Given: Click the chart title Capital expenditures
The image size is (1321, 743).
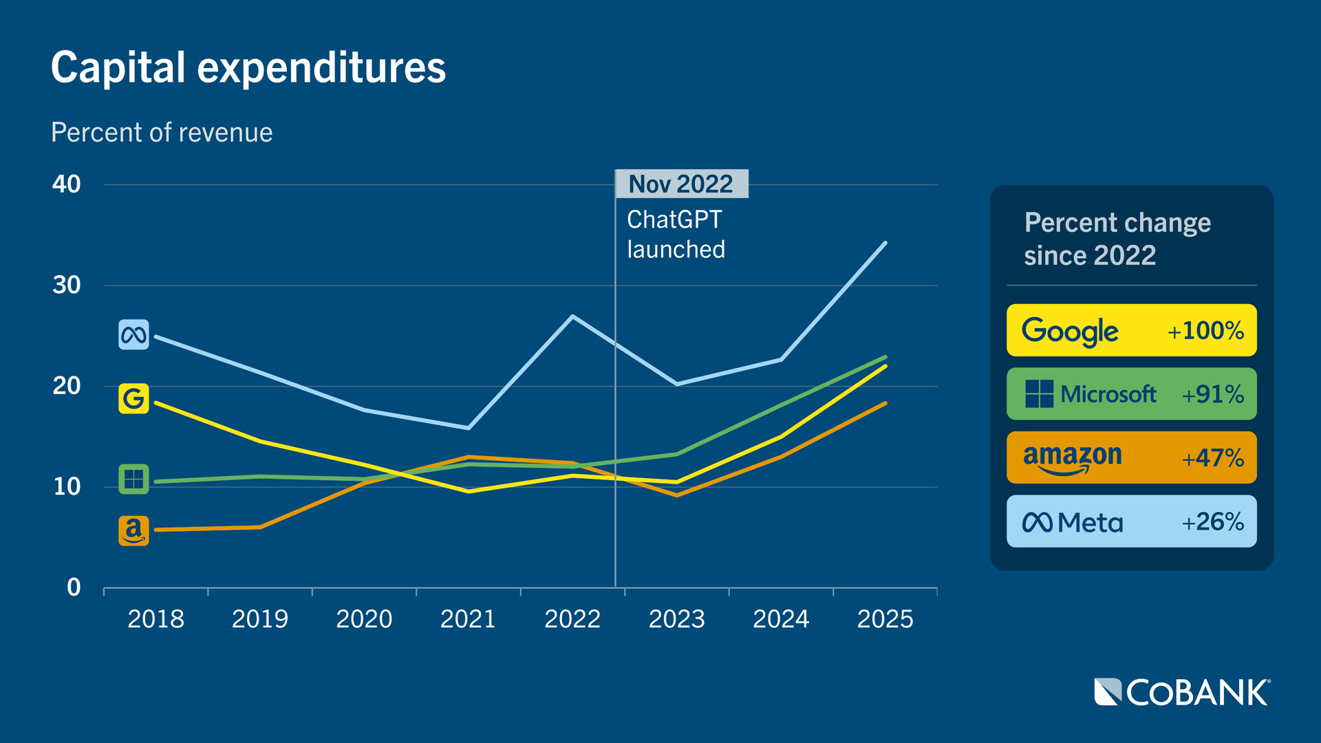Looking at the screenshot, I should click(x=248, y=67).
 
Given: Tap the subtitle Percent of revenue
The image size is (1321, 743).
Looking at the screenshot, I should click(x=162, y=132).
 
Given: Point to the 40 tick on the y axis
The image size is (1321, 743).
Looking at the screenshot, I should click(x=67, y=184).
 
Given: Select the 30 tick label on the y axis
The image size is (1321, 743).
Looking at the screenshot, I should click(x=67, y=285).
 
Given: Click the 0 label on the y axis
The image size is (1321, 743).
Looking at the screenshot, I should click(x=74, y=588).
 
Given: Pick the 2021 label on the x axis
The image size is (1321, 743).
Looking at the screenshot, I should click(x=468, y=619).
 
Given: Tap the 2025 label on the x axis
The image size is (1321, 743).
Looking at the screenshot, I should click(x=885, y=619).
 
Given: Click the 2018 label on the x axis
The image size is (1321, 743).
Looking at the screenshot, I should click(x=155, y=619).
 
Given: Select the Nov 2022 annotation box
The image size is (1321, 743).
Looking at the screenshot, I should click(x=681, y=184).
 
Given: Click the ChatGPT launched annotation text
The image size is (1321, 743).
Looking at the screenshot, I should click(x=676, y=235).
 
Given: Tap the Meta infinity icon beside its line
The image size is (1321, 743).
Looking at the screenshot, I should click(x=133, y=335).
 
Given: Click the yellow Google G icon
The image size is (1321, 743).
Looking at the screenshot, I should click(x=133, y=398).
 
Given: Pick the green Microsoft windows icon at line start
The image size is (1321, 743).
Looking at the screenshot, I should click(x=133, y=479).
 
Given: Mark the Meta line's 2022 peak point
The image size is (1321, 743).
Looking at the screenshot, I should click(x=572, y=316).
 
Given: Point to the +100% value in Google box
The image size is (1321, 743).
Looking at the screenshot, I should click(x=1205, y=331).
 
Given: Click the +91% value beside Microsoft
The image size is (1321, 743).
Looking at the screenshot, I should click(x=1212, y=394).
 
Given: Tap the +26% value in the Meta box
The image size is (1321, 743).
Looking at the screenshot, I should click(x=1212, y=522).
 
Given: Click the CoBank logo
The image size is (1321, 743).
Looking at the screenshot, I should click(x=1181, y=692).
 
